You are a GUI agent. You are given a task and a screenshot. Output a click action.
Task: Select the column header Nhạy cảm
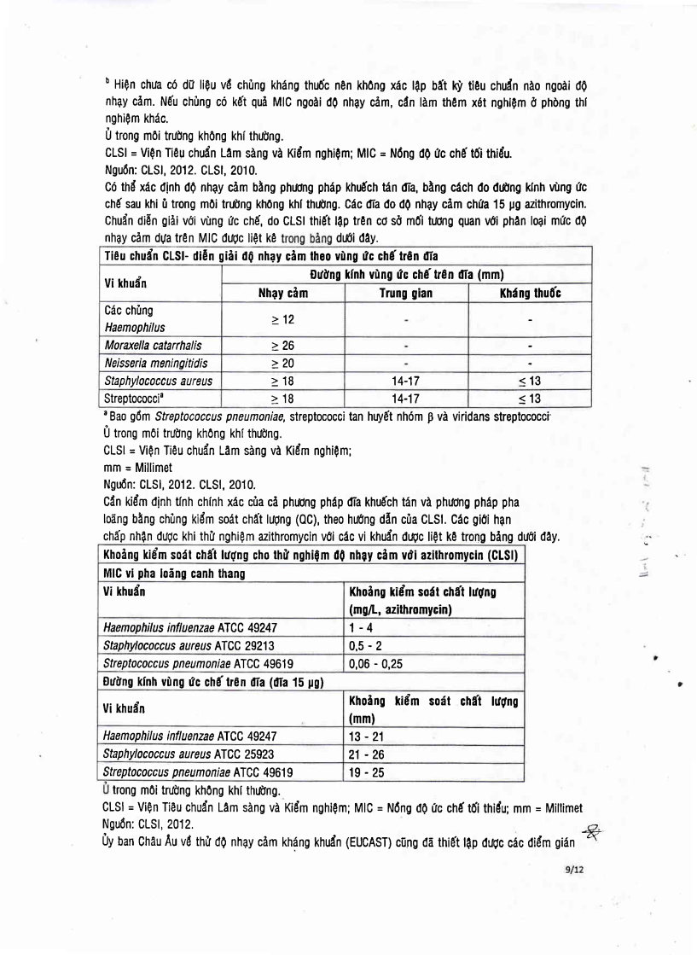tap(283, 293)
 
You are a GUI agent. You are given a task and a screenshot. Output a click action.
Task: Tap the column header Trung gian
tap(405, 293)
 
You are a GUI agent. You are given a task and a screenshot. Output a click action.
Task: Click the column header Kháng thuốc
tap(530, 293)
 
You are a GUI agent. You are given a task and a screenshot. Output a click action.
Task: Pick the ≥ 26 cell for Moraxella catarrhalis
tap(283, 346)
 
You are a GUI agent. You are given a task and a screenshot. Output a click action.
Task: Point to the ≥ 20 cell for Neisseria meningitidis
tap(283, 364)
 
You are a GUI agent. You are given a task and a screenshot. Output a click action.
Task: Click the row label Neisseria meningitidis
tap(155, 364)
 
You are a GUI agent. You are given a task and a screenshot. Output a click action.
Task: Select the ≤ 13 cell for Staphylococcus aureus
tap(530, 381)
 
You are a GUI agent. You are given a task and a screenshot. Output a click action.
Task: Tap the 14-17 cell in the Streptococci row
tap(405, 399)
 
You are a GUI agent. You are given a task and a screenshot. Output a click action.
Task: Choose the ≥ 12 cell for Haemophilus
tap(283, 318)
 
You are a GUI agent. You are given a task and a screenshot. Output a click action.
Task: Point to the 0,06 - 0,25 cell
tap(377, 662)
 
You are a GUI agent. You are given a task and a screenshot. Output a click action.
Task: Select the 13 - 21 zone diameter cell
tap(367, 734)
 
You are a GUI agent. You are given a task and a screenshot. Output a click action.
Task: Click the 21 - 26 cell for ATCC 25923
tap(367, 754)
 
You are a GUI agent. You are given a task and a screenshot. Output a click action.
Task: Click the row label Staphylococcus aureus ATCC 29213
tap(189, 644)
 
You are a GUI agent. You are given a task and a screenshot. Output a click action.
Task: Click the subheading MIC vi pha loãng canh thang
tap(174, 574)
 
